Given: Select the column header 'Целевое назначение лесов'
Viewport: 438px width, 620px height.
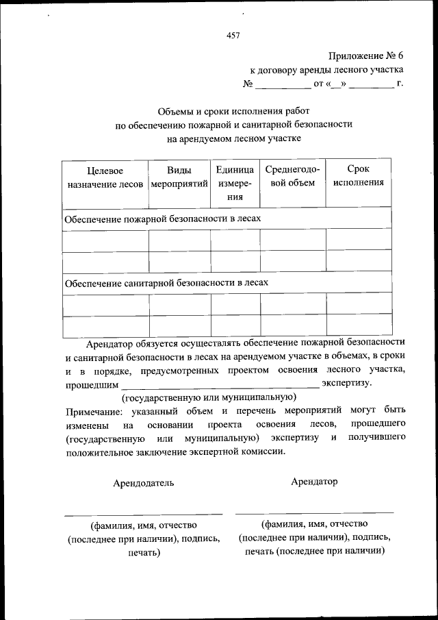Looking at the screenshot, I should (x=105, y=177).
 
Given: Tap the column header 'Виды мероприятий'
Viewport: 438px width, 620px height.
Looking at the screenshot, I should (x=179, y=177).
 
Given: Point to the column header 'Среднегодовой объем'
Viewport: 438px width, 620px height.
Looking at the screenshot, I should (x=292, y=176).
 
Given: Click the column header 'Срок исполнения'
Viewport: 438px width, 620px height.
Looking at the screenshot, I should (x=358, y=176).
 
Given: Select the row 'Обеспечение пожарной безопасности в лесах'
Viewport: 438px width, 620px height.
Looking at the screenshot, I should (x=163, y=219).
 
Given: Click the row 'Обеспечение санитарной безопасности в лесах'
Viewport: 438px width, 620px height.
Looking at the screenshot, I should (x=166, y=282).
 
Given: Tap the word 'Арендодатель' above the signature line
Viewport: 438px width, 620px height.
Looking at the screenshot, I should (x=144, y=483).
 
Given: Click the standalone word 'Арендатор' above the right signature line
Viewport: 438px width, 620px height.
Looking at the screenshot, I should (x=314, y=482).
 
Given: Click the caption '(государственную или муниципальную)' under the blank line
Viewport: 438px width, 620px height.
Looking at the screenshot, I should (x=209, y=397).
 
